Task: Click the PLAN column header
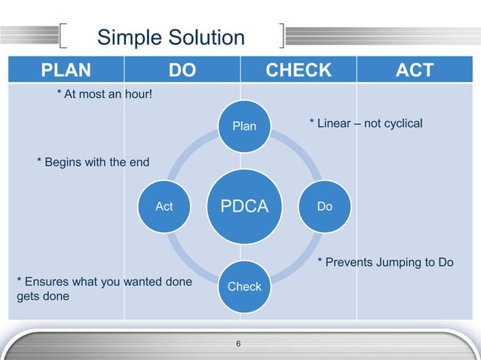66,70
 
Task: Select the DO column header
182,70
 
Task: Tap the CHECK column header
299,70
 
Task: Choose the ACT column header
415,70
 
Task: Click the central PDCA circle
244,206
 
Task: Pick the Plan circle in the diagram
244,127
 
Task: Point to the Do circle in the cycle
325,206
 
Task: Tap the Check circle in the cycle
244,286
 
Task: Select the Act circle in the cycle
164,206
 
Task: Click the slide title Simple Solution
171,38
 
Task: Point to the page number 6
239,345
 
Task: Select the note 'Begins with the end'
93,162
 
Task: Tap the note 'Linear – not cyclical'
366,123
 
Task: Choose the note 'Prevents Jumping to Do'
384,262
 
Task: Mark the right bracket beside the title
281,38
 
